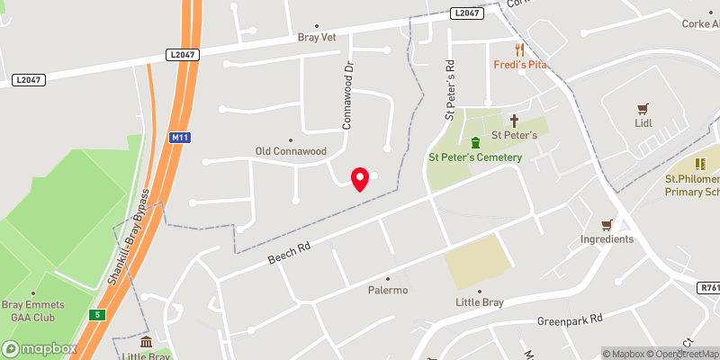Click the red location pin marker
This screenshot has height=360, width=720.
360,179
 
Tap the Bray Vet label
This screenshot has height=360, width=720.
316,38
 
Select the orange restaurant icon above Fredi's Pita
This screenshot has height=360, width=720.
519,49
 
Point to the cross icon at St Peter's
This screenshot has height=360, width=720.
515,120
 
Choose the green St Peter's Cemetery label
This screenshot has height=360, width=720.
474,157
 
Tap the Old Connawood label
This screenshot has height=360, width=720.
291,151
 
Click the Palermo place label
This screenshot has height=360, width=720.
388,290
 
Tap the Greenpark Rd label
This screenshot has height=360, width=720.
569,319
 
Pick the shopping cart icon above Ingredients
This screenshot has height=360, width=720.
607,224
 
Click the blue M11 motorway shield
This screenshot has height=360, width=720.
179,138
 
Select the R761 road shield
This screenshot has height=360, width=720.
708,288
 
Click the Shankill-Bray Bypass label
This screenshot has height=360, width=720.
128,238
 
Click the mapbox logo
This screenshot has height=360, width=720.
40,348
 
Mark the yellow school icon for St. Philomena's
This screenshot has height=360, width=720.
701,165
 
